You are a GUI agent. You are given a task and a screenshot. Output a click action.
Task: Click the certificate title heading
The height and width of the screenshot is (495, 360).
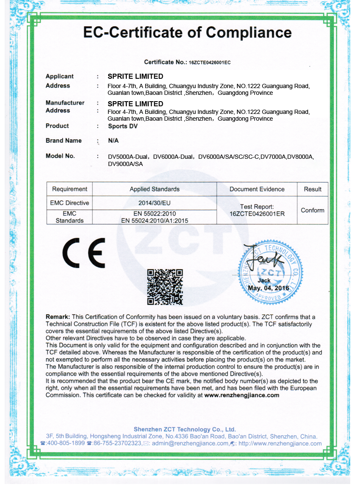coord(187,33)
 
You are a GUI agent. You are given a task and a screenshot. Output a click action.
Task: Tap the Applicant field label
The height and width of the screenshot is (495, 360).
coord(60,76)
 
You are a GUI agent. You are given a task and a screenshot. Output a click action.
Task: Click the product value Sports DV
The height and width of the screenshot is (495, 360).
coord(123,126)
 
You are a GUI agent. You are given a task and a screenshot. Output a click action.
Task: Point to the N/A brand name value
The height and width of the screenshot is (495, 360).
coord(113,141)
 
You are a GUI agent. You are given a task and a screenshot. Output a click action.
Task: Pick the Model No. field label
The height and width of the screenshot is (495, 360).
coord(60,156)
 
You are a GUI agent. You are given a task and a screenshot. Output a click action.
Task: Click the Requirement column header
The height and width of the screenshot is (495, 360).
coord(69,189)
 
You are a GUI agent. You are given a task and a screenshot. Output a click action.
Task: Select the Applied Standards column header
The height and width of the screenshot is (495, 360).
coord(155,189)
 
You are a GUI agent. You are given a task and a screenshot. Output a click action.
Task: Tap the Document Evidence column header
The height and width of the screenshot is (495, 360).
coord(257,189)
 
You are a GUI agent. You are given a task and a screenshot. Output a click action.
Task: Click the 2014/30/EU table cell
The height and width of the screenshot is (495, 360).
coord(155,203)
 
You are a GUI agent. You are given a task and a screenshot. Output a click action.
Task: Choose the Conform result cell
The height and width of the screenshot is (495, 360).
coord(313,210)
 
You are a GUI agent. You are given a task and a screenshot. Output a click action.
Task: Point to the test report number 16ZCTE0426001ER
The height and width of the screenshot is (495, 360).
coord(257,214)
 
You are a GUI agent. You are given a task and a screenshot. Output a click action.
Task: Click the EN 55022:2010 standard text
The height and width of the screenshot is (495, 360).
coord(155,214)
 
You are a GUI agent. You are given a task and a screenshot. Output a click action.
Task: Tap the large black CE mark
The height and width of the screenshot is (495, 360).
coord(84,253)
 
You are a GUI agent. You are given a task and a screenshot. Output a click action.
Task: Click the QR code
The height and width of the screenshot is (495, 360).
coord(165,287)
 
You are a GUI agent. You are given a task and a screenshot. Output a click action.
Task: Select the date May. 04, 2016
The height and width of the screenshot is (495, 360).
coord(269,288)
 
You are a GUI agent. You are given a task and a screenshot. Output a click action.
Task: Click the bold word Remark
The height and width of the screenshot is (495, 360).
coord(58,317)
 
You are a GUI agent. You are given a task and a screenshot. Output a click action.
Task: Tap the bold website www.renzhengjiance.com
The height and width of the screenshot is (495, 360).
coord(242,395)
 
